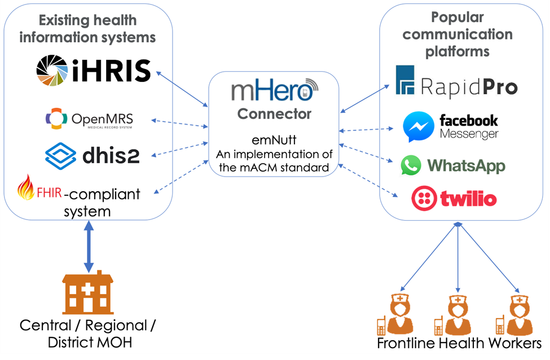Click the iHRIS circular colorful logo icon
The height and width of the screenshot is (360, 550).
[53, 72]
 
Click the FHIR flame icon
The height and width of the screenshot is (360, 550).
[26, 188]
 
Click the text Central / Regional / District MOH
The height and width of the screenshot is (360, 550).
[87, 333]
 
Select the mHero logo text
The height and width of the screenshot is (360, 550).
[274, 90]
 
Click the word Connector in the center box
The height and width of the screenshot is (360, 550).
[274, 114]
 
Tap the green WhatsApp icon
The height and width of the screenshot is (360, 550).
[411, 165]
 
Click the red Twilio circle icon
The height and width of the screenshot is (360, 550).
[424, 198]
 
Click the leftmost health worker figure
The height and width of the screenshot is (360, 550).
[399, 313]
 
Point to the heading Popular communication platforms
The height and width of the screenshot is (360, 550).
[457, 34]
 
